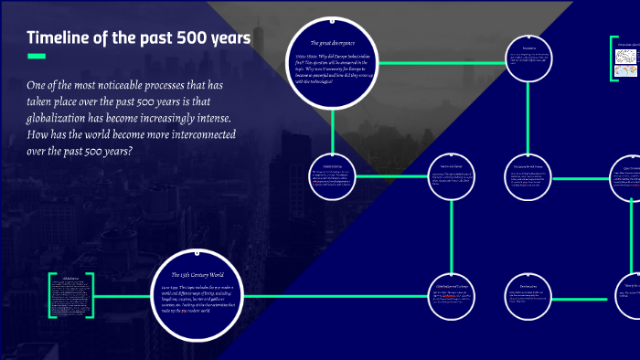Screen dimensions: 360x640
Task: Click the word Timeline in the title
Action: [61, 38]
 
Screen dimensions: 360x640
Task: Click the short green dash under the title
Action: [37, 57]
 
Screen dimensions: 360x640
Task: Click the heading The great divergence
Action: [334, 43]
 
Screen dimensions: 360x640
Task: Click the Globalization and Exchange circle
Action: [453, 294]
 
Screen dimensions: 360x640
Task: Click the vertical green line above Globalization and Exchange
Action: [453, 234]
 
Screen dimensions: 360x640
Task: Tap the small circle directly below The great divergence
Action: [331, 175]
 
